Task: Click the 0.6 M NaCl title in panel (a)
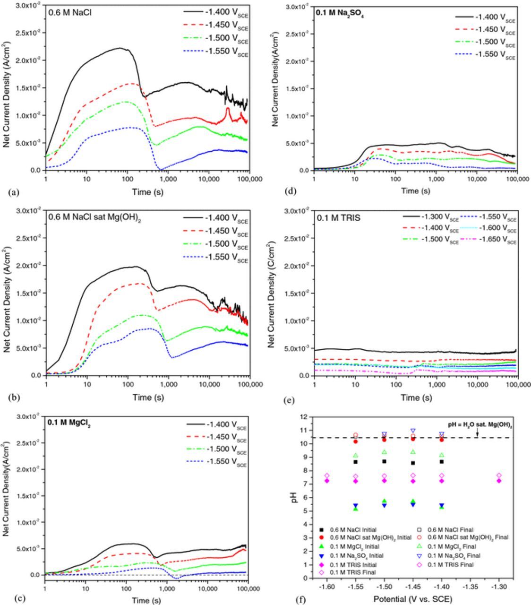70,12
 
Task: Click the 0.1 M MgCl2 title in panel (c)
69,423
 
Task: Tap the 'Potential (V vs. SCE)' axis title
412,599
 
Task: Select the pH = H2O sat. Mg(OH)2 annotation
480,425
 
